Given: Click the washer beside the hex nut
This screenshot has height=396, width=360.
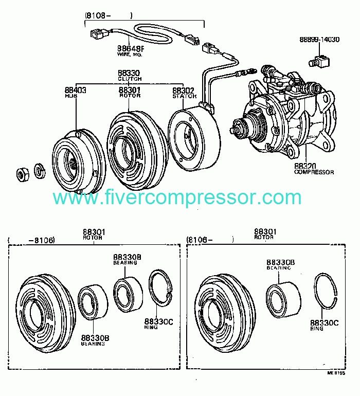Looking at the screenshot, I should pyautogui.click(x=39, y=170).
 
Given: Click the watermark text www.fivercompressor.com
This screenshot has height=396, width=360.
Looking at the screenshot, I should pyautogui.click(x=177, y=197).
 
